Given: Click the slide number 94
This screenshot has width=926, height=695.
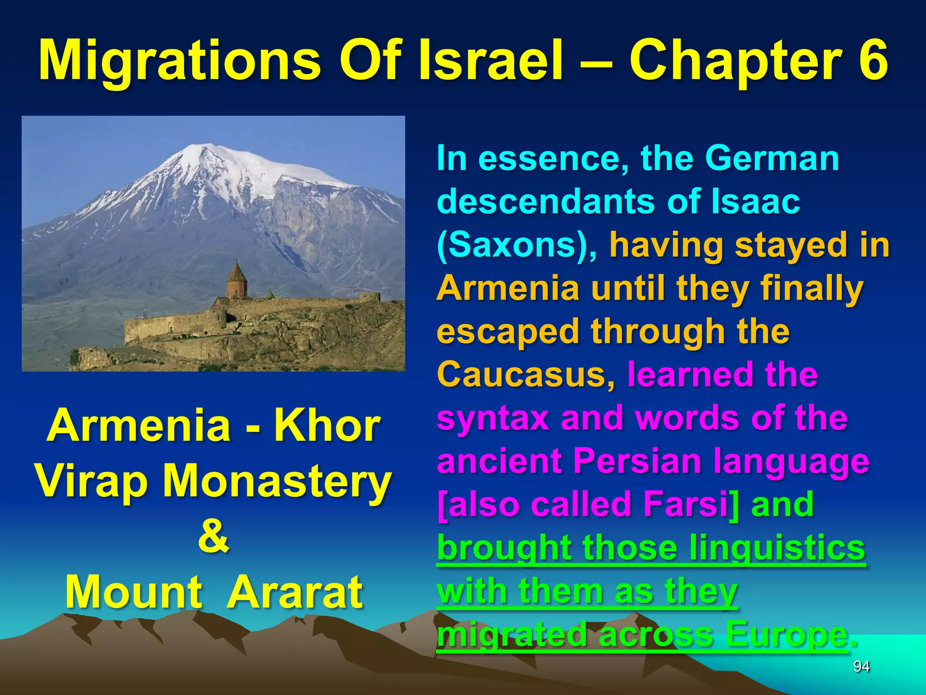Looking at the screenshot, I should coord(861,666).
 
